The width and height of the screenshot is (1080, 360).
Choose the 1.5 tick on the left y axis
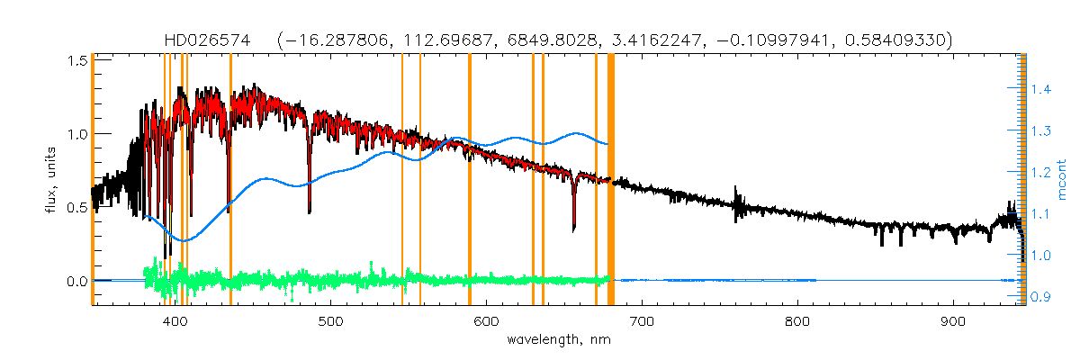76,59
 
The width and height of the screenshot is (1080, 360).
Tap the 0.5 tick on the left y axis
76,207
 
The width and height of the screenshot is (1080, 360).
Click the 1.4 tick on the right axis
1040,89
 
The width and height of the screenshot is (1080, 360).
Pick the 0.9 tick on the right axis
1040,297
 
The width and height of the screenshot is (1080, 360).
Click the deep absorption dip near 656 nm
574,228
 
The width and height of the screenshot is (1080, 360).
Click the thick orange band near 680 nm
611,180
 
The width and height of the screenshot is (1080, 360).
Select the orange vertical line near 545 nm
401,180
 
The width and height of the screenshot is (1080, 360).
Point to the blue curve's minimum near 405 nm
184,240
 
